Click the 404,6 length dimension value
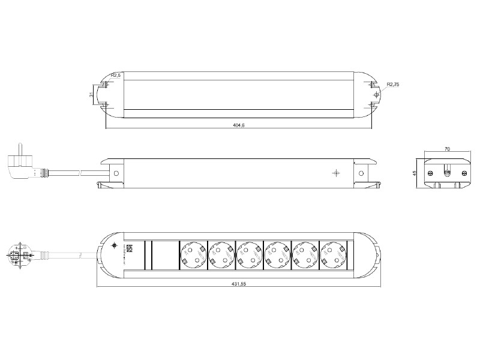click(239, 125)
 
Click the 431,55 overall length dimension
click(239, 284)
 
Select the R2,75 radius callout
click(393, 85)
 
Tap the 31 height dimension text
click(91, 94)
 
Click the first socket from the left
click(193, 254)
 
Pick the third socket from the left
click(249, 254)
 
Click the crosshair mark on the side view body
click(335, 173)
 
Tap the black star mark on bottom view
click(115, 246)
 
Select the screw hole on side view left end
click(117, 174)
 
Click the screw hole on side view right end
click(361, 174)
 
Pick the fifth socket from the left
click(305, 254)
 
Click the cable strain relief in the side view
click(43, 173)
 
